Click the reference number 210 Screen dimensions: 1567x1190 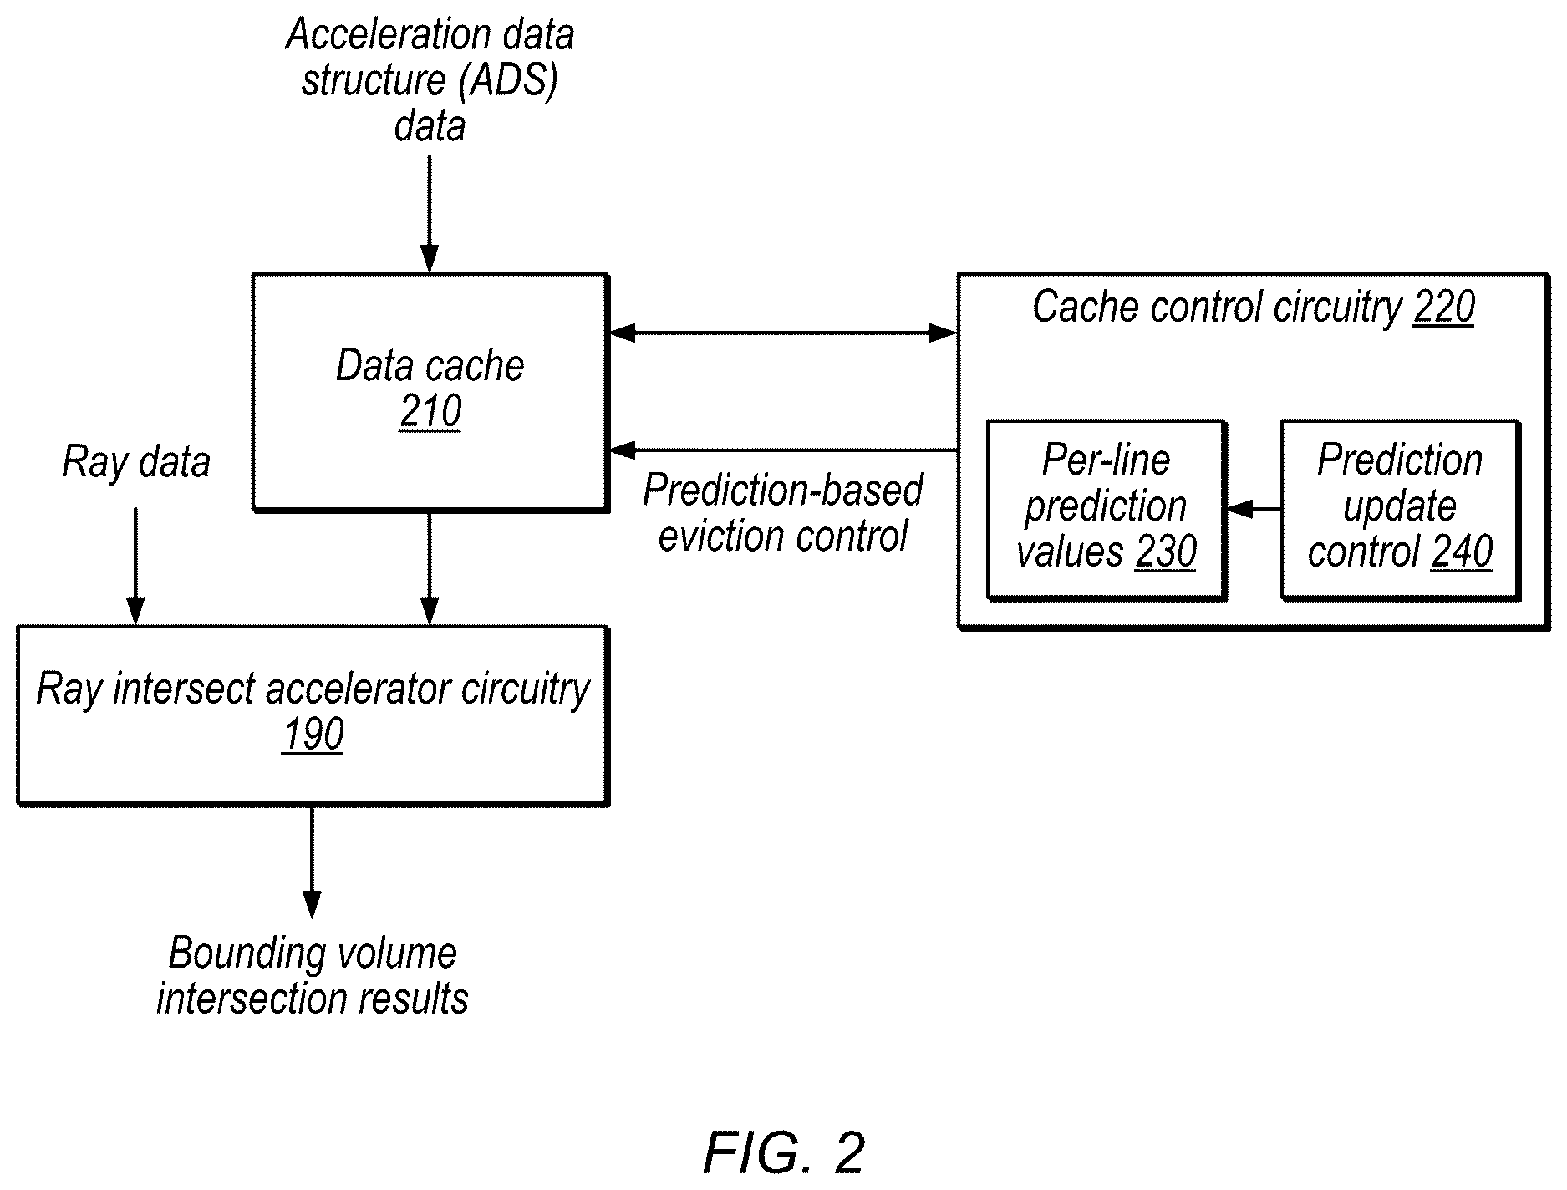point(430,412)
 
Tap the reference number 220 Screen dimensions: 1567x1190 point(1444,308)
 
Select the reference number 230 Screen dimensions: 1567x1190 point(1166,552)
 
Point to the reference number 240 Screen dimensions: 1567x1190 point(1462,552)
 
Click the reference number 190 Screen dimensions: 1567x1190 point(313,735)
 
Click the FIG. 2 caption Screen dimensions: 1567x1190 point(783,1154)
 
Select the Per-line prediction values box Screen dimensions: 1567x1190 point(1107,510)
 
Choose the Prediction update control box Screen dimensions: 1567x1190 point(1401,510)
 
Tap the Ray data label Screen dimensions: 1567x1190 point(136,462)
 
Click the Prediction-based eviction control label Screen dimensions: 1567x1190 point(783,513)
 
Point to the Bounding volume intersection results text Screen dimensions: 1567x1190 point(313,976)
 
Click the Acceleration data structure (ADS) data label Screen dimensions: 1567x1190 point(430,80)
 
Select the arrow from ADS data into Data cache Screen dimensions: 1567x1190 point(430,214)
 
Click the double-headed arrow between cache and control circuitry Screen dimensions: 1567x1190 point(783,333)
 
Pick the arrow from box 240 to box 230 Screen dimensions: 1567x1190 point(1253,508)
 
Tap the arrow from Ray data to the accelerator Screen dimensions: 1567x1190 point(135,566)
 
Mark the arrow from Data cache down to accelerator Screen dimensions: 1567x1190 point(430,568)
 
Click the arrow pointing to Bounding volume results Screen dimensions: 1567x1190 point(312,862)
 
